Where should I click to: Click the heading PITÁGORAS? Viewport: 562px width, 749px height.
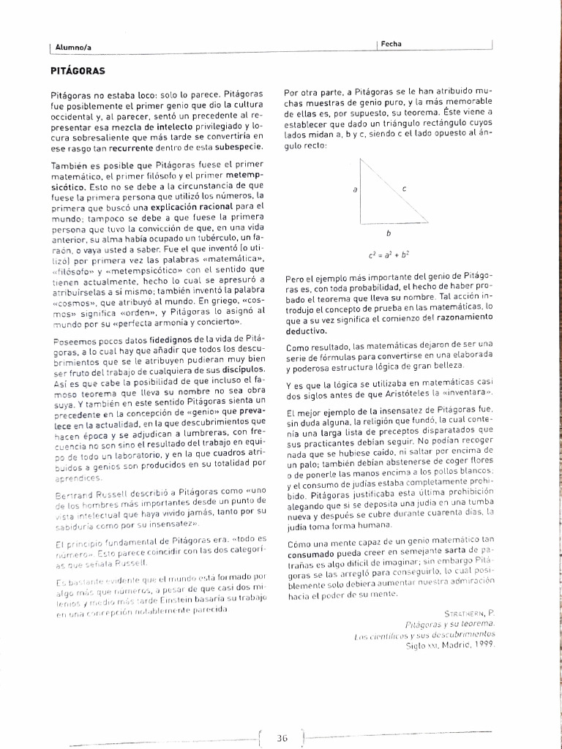tap(78, 71)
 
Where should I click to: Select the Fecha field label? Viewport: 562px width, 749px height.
tap(391, 45)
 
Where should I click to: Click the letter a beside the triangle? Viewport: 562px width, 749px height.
tap(355, 189)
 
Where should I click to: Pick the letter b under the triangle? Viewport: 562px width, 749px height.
tap(388, 234)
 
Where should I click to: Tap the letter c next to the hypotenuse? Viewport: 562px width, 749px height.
tap(404, 189)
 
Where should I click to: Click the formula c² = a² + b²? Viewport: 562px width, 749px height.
tap(389, 255)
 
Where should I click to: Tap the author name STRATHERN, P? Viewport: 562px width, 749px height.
tap(469, 613)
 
